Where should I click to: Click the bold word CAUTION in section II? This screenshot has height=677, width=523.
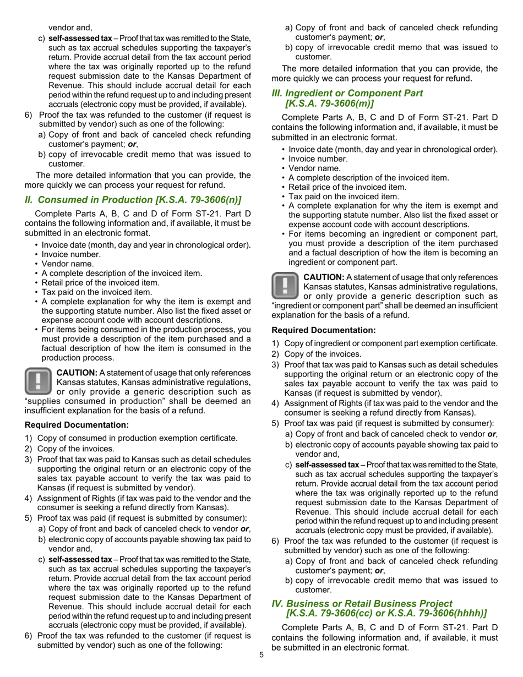[77, 372]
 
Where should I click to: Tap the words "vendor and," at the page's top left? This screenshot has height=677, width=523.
[70, 28]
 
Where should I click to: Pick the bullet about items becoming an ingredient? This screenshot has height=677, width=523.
[393, 248]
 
